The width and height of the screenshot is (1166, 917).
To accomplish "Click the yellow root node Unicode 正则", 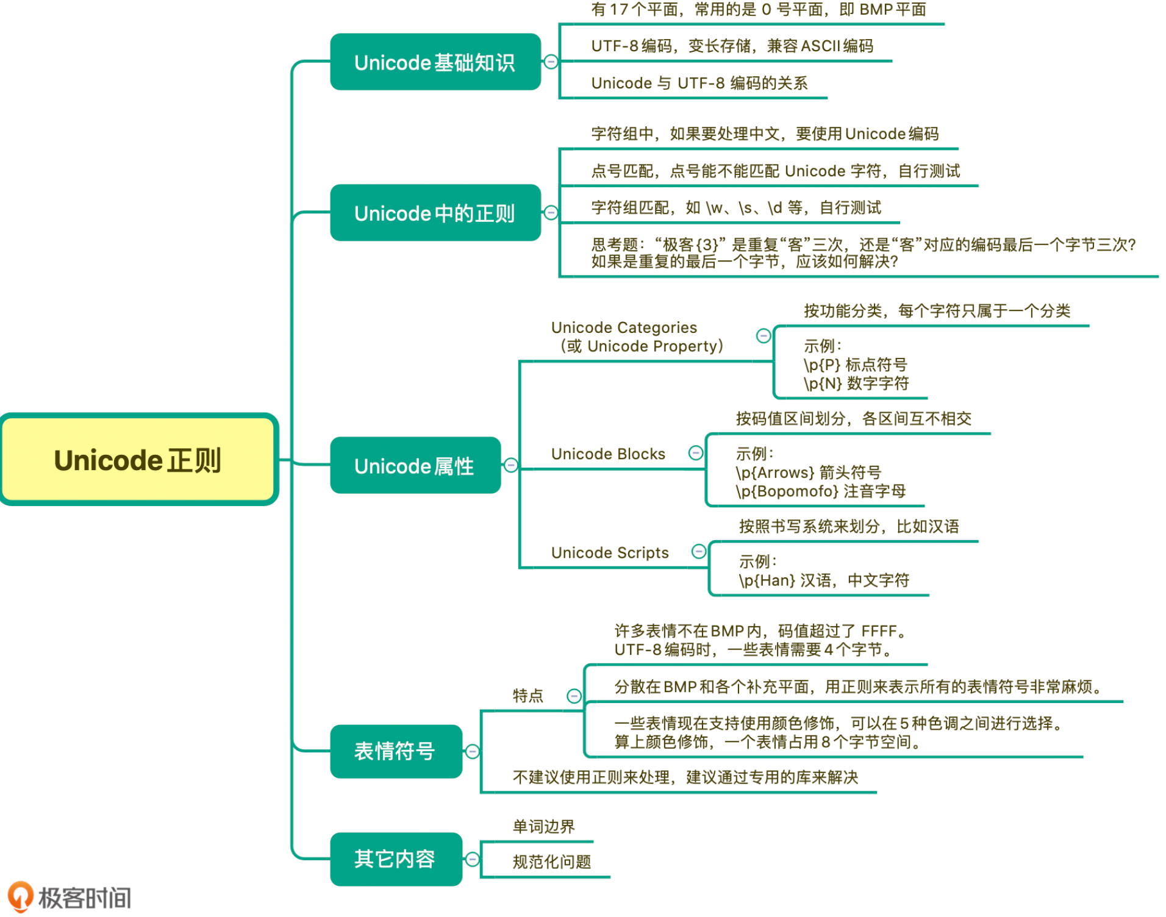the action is click(x=139, y=460).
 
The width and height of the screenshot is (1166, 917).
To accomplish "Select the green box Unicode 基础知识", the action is click(x=435, y=62).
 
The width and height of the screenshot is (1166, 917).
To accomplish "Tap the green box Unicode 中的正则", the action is click(x=435, y=213).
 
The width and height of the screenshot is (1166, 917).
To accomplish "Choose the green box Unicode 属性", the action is click(x=415, y=465).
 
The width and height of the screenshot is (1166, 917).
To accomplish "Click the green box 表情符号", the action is click(x=395, y=751).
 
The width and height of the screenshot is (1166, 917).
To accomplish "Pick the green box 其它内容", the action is click(x=395, y=858).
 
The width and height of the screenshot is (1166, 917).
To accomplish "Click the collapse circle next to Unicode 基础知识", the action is click(x=551, y=62).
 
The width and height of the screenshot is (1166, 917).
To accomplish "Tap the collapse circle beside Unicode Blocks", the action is click(x=695, y=452).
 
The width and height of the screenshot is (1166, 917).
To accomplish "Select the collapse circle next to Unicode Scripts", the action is click(x=699, y=551).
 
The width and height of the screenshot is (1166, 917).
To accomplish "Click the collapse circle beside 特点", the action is click(x=574, y=696).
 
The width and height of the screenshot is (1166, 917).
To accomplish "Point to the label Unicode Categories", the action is click(x=624, y=327).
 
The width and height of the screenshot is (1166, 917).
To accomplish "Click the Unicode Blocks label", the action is click(x=608, y=454).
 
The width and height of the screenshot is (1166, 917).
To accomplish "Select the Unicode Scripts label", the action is click(x=610, y=552).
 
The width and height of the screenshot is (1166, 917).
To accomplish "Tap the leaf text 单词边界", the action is click(x=543, y=826).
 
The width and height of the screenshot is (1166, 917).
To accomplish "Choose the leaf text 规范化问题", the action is click(x=552, y=862).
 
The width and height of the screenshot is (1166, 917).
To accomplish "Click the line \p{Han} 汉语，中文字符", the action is click(x=824, y=580).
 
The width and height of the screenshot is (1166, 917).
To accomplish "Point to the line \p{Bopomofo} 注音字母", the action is click(x=820, y=491).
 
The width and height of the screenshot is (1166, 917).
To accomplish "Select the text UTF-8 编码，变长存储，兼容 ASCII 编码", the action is click(x=732, y=46).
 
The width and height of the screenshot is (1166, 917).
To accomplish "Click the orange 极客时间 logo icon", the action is click(x=20, y=896).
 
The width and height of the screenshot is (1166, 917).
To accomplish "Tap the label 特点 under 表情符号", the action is click(x=528, y=696).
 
